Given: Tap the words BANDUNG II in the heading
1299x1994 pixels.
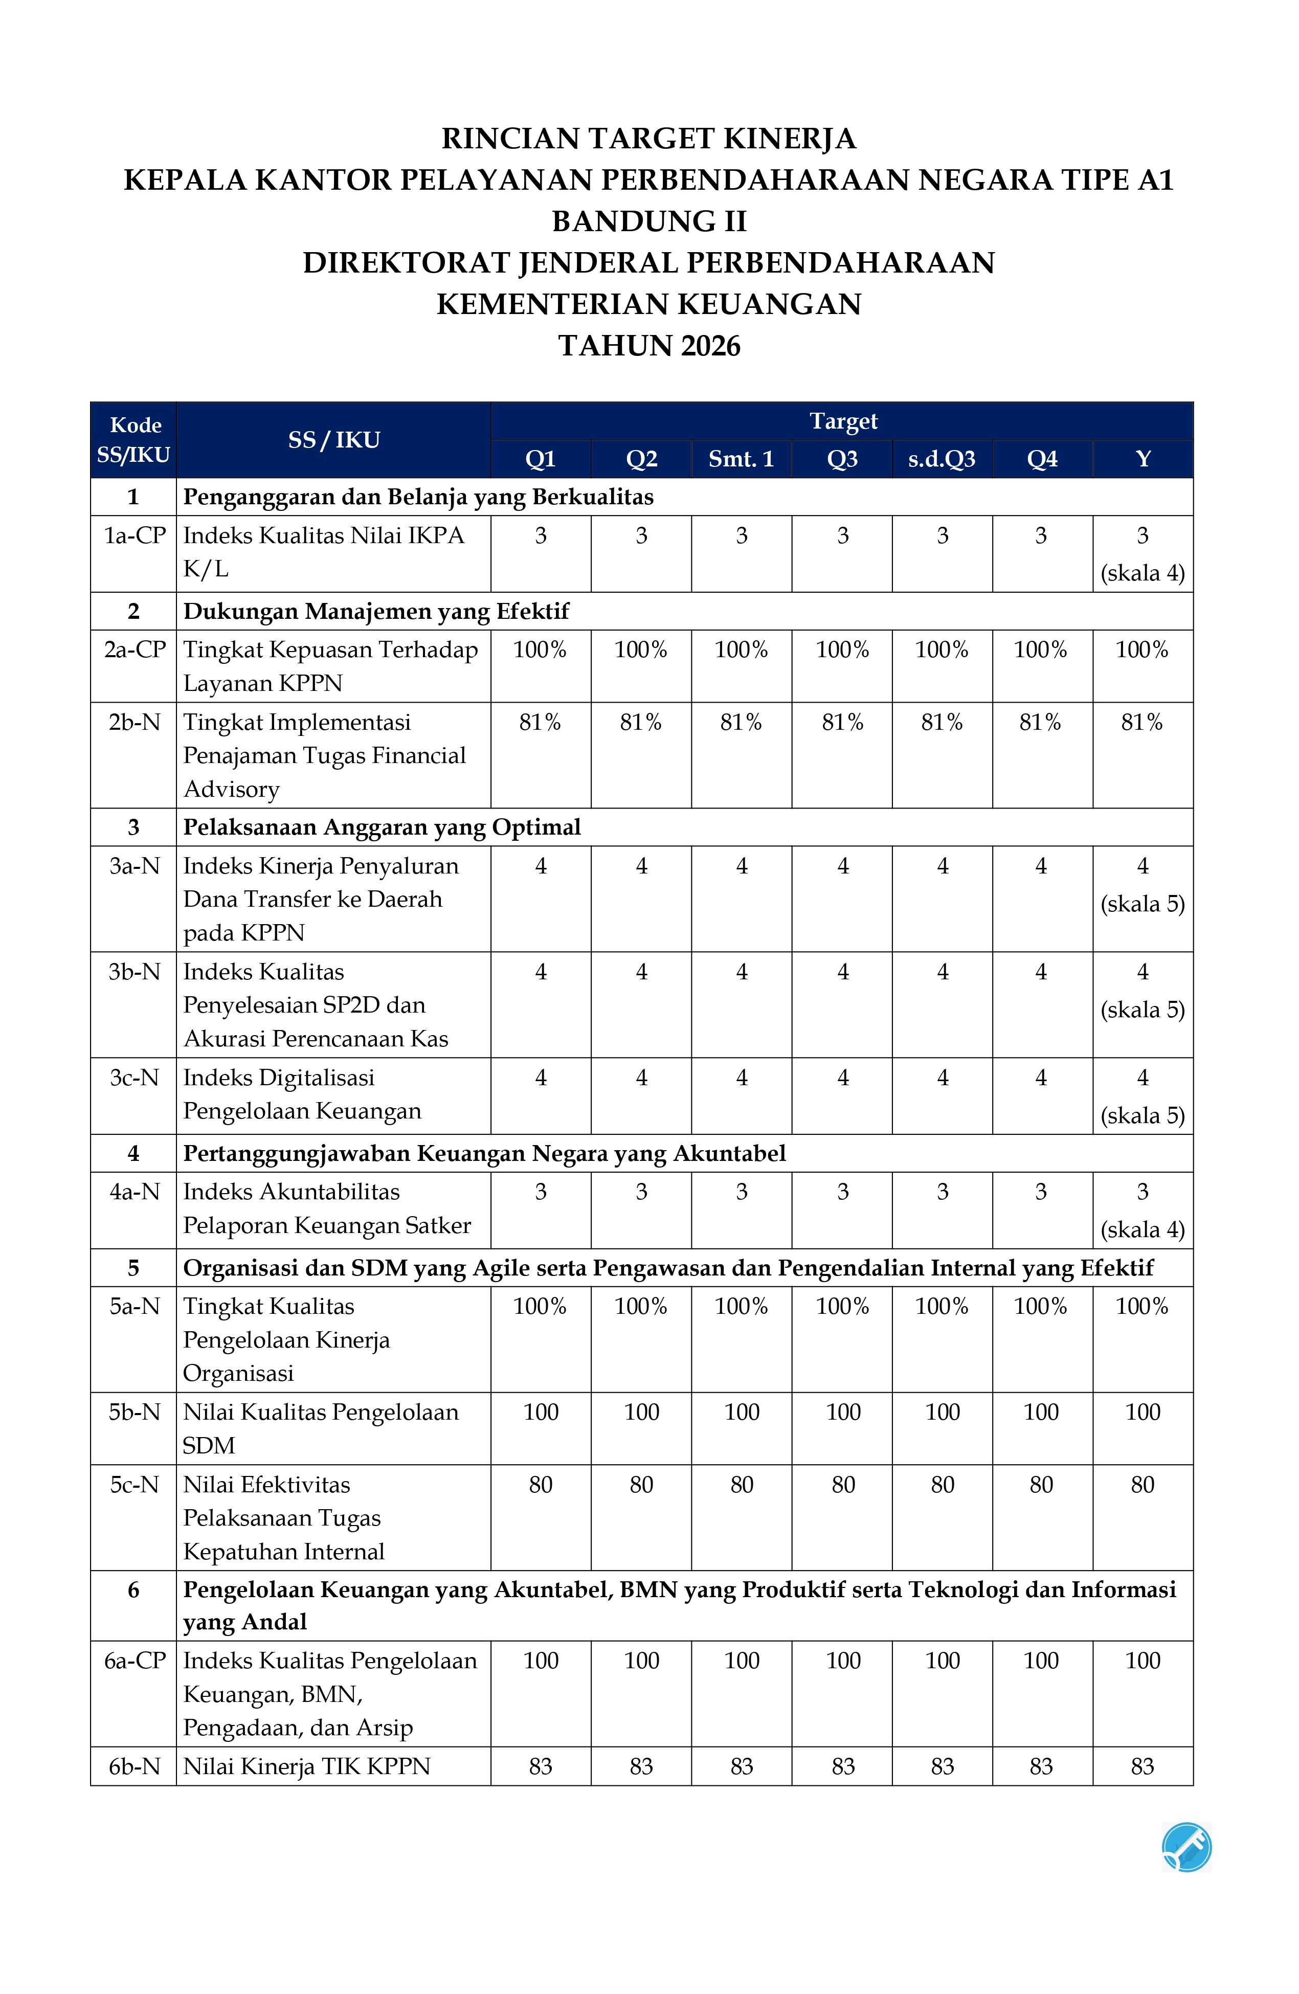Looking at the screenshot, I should pyautogui.click(x=648, y=221).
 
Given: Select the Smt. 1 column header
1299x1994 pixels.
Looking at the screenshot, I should pyautogui.click(x=741, y=459).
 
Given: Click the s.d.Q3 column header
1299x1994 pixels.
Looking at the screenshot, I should pyautogui.click(x=942, y=459).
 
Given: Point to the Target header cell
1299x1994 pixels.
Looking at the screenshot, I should pyautogui.click(x=842, y=421).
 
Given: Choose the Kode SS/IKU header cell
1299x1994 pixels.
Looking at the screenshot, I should pyautogui.click(x=133, y=440).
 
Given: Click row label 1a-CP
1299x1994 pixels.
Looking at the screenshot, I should pyautogui.click(x=134, y=535).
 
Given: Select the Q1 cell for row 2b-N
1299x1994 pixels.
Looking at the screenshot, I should pyautogui.click(x=541, y=722).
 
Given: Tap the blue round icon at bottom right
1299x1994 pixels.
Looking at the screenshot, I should pyautogui.click(x=1186, y=1847).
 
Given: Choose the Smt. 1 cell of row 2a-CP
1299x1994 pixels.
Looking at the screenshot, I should pyautogui.click(x=741, y=650).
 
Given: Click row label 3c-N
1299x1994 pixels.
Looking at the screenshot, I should pyautogui.click(x=134, y=1078).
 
